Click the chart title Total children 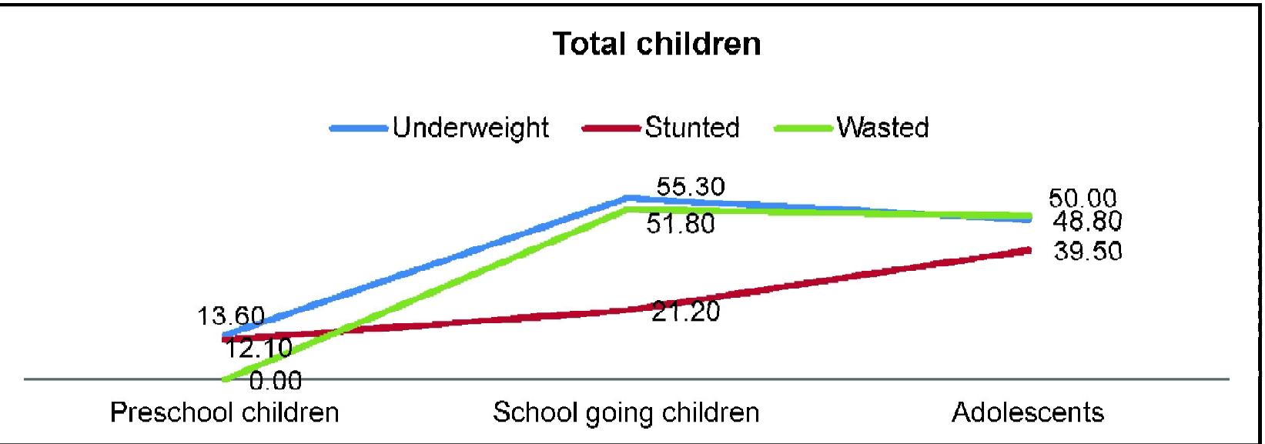(x=657, y=44)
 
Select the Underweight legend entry (x=470, y=127)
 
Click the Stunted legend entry (x=691, y=127)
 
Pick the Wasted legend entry (x=882, y=127)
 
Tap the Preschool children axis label (x=225, y=413)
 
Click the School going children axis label (x=626, y=413)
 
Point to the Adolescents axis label (x=1028, y=413)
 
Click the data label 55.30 (x=691, y=187)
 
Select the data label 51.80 (x=680, y=224)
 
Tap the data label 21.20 (x=685, y=312)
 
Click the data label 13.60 (x=230, y=315)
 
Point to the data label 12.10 (x=258, y=349)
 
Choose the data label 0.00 (x=275, y=380)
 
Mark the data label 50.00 (x=1083, y=199)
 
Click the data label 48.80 (x=1087, y=222)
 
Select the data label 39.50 (x=1087, y=252)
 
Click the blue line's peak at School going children (x=628, y=199)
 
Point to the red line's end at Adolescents (x=1029, y=249)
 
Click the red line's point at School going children (x=628, y=309)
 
